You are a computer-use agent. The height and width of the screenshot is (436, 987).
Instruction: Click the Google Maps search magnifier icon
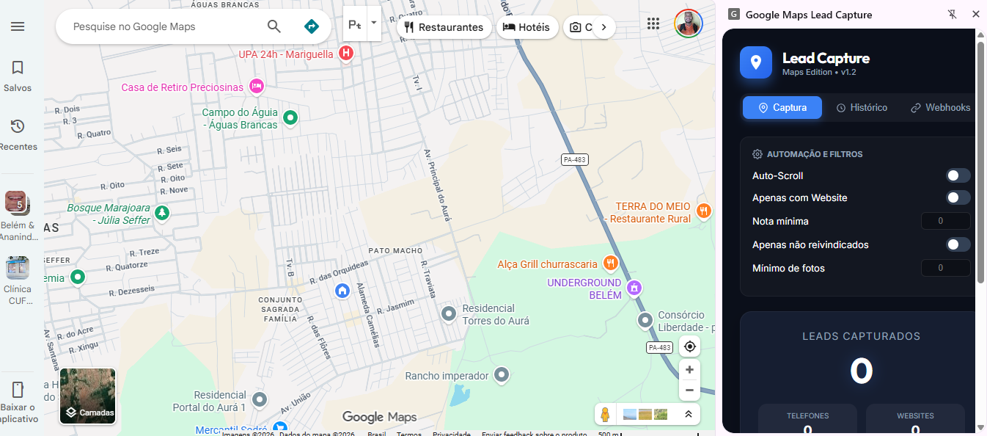click(x=274, y=26)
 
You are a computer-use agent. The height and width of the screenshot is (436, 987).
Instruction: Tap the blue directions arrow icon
click(x=312, y=26)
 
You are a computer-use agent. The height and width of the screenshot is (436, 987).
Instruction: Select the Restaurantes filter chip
click(x=444, y=27)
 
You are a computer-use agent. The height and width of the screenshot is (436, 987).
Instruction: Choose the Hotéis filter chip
click(x=526, y=27)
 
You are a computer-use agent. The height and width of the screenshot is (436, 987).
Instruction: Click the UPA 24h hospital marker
click(x=346, y=54)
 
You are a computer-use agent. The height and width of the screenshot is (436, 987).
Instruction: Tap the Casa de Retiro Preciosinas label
click(x=182, y=87)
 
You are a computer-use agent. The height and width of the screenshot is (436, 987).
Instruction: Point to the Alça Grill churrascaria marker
click(x=610, y=263)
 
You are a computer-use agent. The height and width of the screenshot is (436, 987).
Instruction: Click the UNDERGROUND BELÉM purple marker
click(x=635, y=287)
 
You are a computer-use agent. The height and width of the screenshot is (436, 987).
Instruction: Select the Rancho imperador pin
click(x=502, y=375)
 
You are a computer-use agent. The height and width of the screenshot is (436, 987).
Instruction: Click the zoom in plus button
click(x=689, y=369)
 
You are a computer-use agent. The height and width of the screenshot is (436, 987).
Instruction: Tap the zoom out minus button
click(x=689, y=390)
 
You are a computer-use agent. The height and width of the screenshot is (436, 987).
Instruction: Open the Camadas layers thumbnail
click(x=88, y=396)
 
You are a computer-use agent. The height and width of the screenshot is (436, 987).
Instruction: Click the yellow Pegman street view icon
click(x=605, y=415)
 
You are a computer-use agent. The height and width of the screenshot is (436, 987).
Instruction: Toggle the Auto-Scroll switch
click(x=958, y=175)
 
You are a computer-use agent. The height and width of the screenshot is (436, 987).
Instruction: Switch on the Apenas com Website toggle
click(x=958, y=197)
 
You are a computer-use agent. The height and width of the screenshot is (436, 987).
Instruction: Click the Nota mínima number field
click(x=945, y=221)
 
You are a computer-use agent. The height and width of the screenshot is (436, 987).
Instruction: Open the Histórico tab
click(x=862, y=108)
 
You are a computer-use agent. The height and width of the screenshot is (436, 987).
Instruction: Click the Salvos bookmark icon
click(x=18, y=68)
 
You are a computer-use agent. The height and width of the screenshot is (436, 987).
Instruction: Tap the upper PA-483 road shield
click(x=575, y=159)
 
